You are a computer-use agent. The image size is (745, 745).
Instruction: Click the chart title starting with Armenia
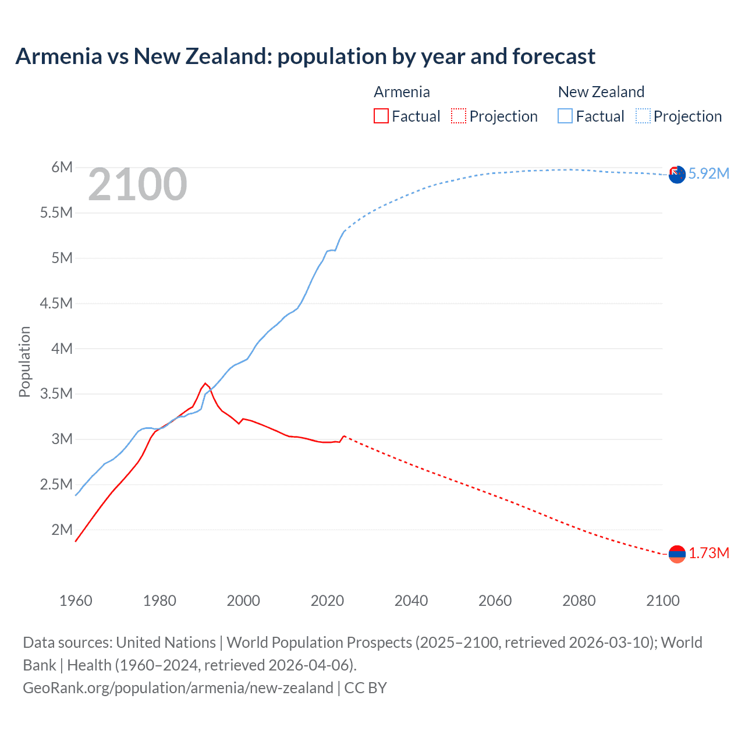pyautogui.click(x=305, y=56)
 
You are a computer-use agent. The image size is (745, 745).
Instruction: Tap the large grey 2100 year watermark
pyautogui.click(x=137, y=185)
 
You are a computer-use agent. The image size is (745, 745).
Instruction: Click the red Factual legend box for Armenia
pyautogui.click(x=381, y=116)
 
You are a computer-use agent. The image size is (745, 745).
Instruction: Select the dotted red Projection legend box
pyautogui.click(x=459, y=116)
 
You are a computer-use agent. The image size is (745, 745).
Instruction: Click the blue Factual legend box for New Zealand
pyautogui.click(x=565, y=116)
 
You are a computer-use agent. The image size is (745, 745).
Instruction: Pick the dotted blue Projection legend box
pyautogui.click(x=643, y=116)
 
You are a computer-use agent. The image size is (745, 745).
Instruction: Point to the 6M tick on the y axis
pyautogui.click(x=62, y=168)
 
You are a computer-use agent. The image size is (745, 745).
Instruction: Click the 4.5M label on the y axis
pyautogui.click(x=56, y=303)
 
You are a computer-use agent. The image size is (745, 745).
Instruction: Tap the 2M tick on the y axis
pyautogui.click(x=62, y=530)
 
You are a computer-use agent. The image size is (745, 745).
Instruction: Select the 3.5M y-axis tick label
pyautogui.click(x=56, y=394)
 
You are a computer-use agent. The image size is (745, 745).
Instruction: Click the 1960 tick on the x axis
pyautogui.click(x=76, y=601)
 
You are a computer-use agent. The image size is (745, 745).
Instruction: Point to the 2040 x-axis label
pyautogui.click(x=411, y=601)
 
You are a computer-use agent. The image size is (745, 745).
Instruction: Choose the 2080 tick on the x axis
pyautogui.click(x=579, y=601)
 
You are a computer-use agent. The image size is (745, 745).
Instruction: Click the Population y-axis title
pyautogui.click(x=24, y=361)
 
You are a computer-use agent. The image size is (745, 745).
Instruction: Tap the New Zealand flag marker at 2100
pyautogui.click(x=677, y=175)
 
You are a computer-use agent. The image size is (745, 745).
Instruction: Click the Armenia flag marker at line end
pyautogui.click(x=677, y=554)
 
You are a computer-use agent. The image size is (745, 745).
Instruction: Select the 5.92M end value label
pyautogui.click(x=709, y=174)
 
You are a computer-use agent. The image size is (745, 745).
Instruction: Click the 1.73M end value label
pyautogui.click(x=709, y=554)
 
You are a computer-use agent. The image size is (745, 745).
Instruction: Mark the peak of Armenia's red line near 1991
pyautogui.click(x=205, y=384)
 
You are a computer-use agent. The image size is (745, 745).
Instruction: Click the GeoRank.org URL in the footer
pyautogui.click(x=178, y=688)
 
